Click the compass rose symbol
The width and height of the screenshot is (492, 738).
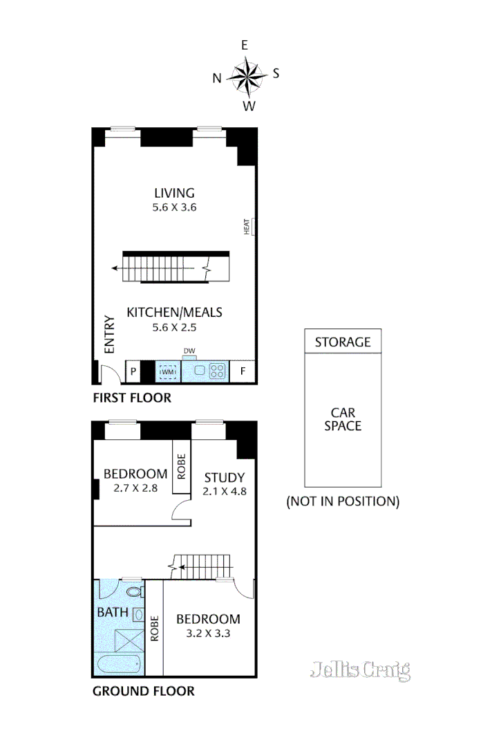pos(247,75)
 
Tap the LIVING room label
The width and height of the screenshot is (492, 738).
pos(174,193)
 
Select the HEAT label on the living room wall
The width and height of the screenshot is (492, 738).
pos(247,227)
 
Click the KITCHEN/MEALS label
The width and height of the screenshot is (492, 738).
pos(174,312)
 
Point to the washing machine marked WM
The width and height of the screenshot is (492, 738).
pos(168,372)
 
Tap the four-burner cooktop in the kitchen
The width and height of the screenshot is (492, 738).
pos(218,371)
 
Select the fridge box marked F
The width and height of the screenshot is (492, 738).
pos(243,371)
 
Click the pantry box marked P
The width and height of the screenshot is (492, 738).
pos(133,372)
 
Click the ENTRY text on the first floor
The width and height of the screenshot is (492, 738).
pos(109,335)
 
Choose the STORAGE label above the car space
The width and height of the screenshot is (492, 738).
pos(343,342)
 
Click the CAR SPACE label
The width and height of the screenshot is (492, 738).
pos(343,419)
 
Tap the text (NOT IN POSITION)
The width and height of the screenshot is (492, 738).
pos(343,501)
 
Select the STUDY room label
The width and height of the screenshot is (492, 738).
pos(224,477)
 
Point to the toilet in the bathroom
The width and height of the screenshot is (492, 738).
pos(135,593)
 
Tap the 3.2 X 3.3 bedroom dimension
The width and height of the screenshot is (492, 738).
pos(208,633)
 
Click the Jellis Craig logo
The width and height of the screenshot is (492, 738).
pos(360,670)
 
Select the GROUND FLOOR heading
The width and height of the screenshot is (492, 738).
pos(143,690)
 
